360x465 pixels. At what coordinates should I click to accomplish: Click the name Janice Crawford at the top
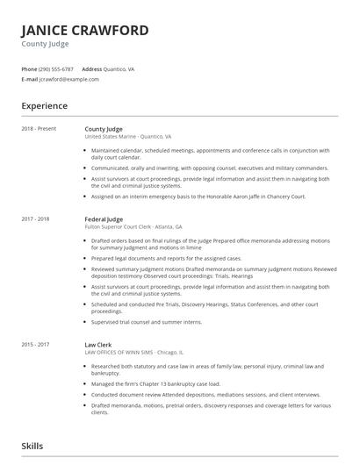pyautogui.click(x=85, y=30)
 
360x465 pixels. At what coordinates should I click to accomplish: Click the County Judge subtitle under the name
pyautogui.click(x=47, y=43)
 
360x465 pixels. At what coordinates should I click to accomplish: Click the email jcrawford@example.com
pyautogui.click(x=69, y=79)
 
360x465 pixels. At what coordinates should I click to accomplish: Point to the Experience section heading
pyautogui.click(x=45, y=106)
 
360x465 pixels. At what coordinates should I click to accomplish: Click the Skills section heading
pyautogui.click(x=32, y=446)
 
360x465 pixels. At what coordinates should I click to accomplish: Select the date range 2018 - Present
pyautogui.click(x=39, y=129)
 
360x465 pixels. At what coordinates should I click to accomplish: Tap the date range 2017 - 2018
pyautogui.click(x=35, y=218)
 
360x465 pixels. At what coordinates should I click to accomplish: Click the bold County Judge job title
pyautogui.click(x=104, y=129)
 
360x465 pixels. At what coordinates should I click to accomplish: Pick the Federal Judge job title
pyautogui.click(x=104, y=218)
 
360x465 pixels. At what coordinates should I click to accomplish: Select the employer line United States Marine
pyautogui.click(x=127, y=137)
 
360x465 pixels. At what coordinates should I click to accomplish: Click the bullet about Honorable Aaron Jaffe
pyautogui.click(x=198, y=197)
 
